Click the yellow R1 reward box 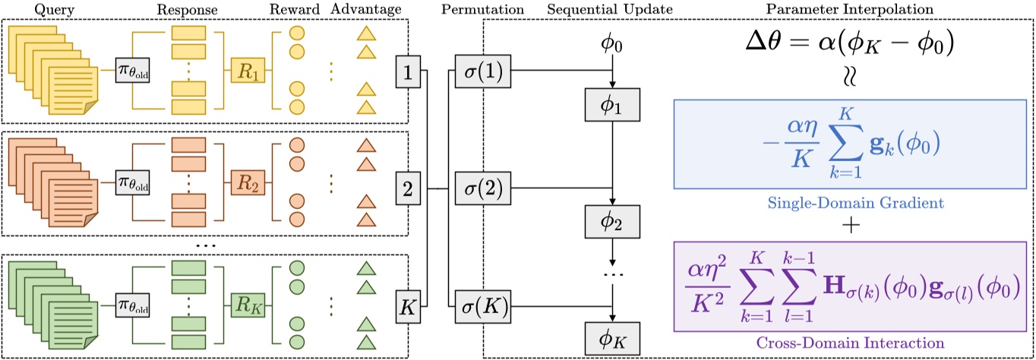tap(248, 76)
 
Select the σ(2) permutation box tap(484, 187)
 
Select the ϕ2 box tap(611, 221)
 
